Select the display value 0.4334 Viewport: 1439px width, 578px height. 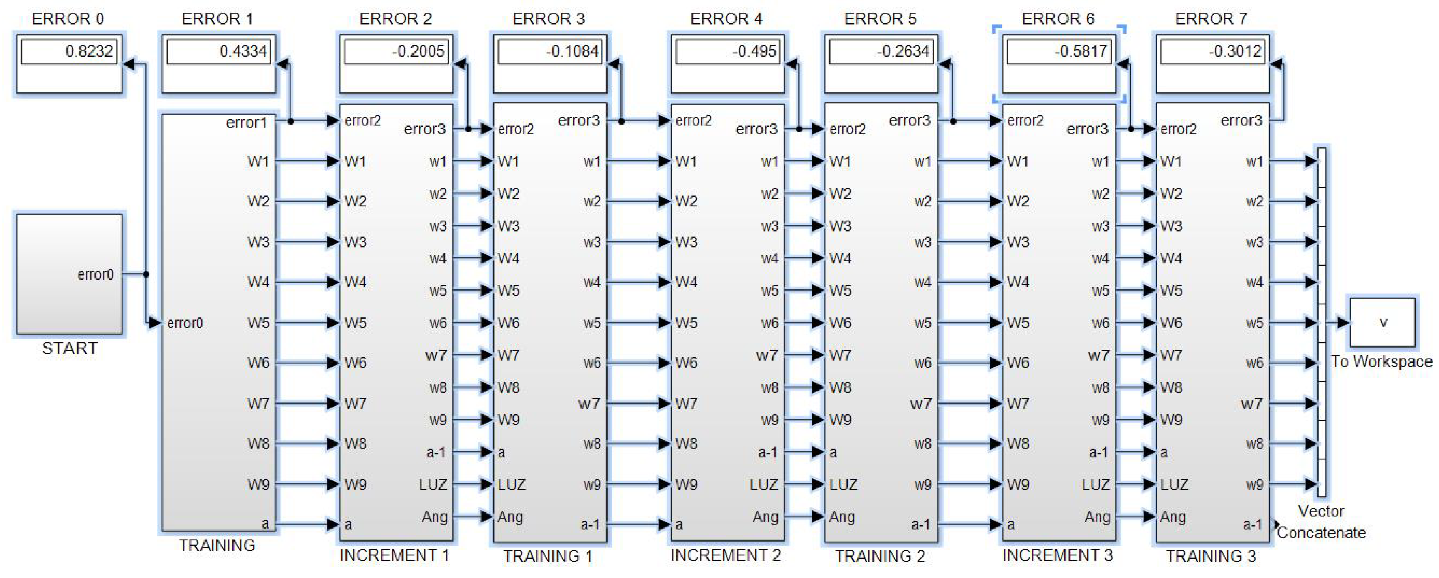pyautogui.click(x=243, y=51)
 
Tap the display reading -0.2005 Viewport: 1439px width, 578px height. pyautogui.click(x=418, y=51)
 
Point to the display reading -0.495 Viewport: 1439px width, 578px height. pyautogui.click(x=754, y=51)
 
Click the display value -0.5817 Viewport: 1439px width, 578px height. pyautogui.click(x=1081, y=51)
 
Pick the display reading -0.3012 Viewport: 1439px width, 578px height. pyautogui.click(x=1234, y=51)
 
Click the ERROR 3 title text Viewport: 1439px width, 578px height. pyautogui.click(x=548, y=19)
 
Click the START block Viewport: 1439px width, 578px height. pyautogui.click(x=69, y=274)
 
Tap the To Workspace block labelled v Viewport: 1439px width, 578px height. pyautogui.click(x=1383, y=322)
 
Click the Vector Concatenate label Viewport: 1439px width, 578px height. pyautogui.click(x=1321, y=522)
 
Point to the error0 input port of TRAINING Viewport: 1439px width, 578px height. pyautogui.click(x=184, y=323)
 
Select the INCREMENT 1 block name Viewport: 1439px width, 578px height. pyautogui.click(x=394, y=555)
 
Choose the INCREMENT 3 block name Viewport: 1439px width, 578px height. pyautogui.click(x=1057, y=555)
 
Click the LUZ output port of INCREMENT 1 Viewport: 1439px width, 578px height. pyautogui.click(x=433, y=484)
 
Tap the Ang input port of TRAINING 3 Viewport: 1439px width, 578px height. pyautogui.click(x=1173, y=517)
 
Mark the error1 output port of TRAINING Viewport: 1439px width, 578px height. pyautogui.click(x=246, y=122)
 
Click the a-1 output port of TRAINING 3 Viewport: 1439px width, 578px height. pyautogui.click(x=1252, y=525)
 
